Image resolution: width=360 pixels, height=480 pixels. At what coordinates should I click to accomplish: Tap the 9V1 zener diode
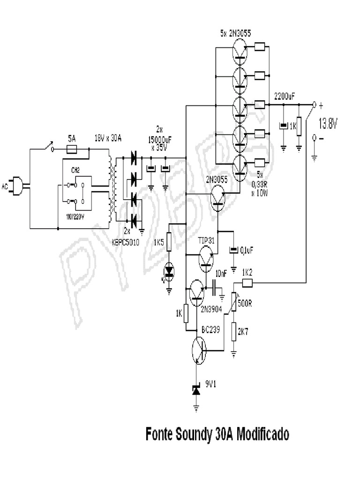tap(196, 390)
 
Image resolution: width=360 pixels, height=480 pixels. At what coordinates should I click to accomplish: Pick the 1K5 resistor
tap(169, 243)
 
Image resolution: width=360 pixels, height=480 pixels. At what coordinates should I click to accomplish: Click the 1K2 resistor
tap(247, 283)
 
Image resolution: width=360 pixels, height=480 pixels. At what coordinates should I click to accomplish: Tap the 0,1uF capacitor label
tap(247, 251)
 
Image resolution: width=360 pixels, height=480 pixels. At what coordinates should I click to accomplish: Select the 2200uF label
tap(285, 96)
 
